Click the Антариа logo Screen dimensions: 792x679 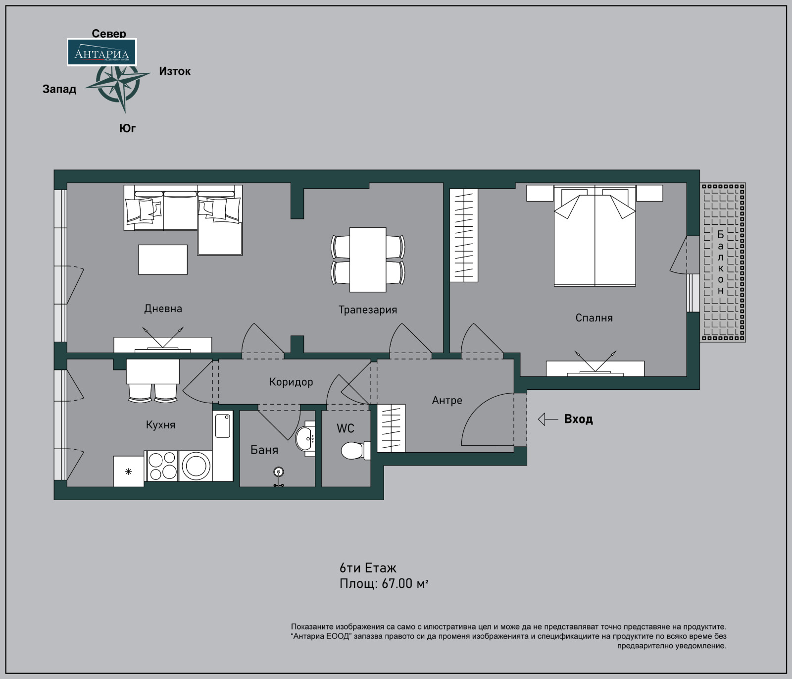tap(101, 52)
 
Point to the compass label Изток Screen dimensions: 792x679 tap(175, 71)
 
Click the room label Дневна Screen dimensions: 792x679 tap(163, 309)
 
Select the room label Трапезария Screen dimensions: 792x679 tap(368, 310)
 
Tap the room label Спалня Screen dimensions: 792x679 tap(594, 318)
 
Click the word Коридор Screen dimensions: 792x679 tap(291, 382)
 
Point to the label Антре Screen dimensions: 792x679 tap(447, 400)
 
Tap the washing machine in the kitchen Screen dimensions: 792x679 tap(196, 466)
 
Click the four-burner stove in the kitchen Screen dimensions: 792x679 tap(162, 466)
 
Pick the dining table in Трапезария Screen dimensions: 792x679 tap(368, 260)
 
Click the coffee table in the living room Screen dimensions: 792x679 tap(163, 260)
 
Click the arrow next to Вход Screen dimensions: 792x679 tap(548, 419)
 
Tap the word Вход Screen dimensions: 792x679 tap(579, 419)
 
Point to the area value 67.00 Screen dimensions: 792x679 tap(397, 584)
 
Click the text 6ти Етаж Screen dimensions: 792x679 tap(368, 568)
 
